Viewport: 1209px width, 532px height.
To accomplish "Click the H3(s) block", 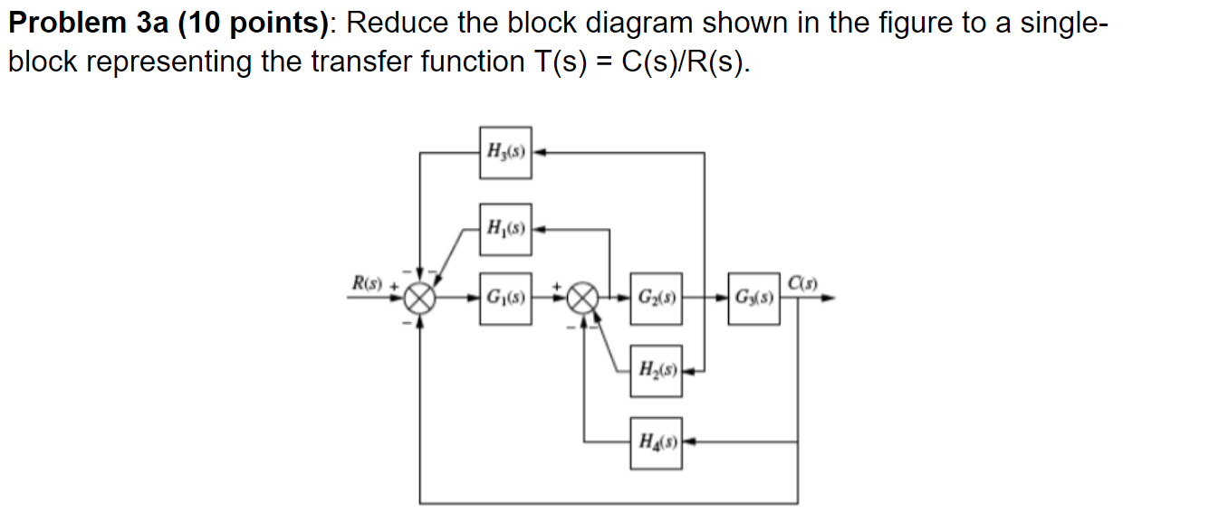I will [x=505, y=151].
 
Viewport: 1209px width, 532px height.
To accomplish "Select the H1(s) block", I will [x=505, y=228].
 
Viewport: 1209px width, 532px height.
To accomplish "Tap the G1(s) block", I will [x=505, y=297].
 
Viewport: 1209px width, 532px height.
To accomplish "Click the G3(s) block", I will [x=753, y=297].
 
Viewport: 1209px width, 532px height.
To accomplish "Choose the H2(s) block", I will [x=657, y=369].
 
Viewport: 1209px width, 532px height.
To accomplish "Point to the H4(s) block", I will [x=657, y=442].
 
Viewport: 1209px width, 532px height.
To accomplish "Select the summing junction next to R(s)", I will [x=419, y=297].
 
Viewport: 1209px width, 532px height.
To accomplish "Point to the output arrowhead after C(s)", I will [x=827, y=297].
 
